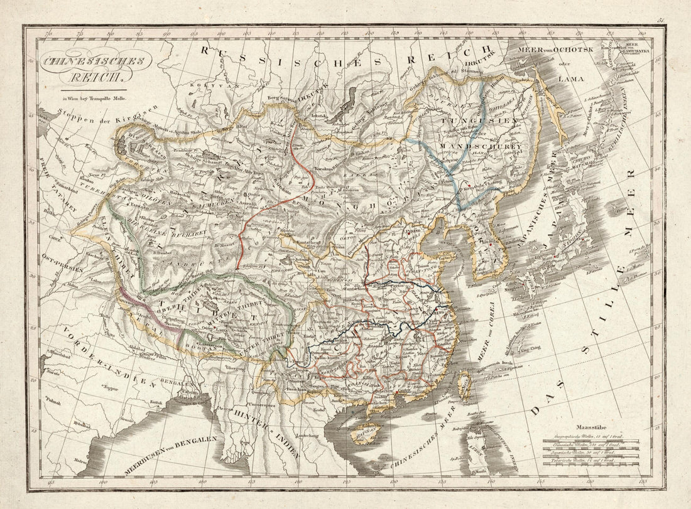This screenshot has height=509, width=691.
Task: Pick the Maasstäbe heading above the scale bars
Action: [x=589, y=425]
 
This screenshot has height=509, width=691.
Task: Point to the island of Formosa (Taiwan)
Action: [x=466, y=382]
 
